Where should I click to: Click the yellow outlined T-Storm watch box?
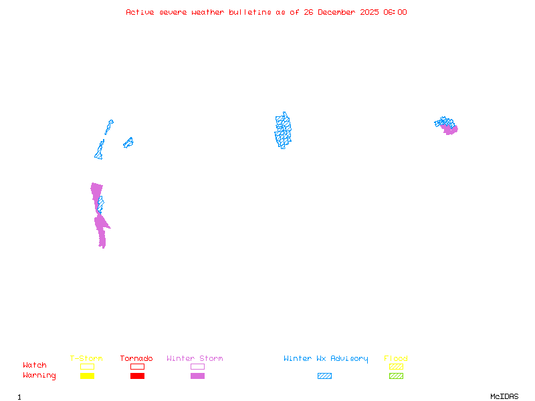point(87,366)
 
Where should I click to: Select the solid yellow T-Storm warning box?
point(87,376)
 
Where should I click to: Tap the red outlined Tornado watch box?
point(137,366)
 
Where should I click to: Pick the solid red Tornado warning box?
point(137,376)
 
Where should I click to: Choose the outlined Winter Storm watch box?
point(197,366)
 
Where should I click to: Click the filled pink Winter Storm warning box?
point(197,376)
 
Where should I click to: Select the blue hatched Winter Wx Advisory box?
point(324,376)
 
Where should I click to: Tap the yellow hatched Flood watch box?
point(396,366)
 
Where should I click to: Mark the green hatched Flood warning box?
point(396,376)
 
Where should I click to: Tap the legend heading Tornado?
point(136,359)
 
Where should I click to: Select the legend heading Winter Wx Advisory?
point(326,359)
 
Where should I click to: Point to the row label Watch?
point(35,366)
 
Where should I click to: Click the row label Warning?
point(39,376)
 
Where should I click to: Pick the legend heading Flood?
point(396,359)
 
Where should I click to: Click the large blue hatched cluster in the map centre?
point(283,130)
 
